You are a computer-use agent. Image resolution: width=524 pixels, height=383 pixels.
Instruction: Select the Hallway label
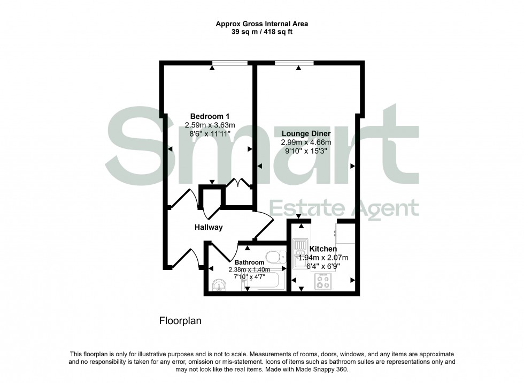[x=209, y=227]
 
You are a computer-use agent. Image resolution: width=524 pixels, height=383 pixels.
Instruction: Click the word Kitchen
[x=323, y=249]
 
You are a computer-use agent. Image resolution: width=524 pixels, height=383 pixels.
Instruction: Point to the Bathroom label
[x=249, y=262]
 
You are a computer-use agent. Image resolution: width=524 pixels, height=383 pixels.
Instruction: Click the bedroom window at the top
[x=230, y=63]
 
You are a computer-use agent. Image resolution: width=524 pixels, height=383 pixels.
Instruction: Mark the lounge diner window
[x=294, y=63]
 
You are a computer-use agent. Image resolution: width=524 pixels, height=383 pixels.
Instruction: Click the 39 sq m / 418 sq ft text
[x=261, y=32]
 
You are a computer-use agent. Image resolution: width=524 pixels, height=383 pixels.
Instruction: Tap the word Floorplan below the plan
[x=180, y=321]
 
